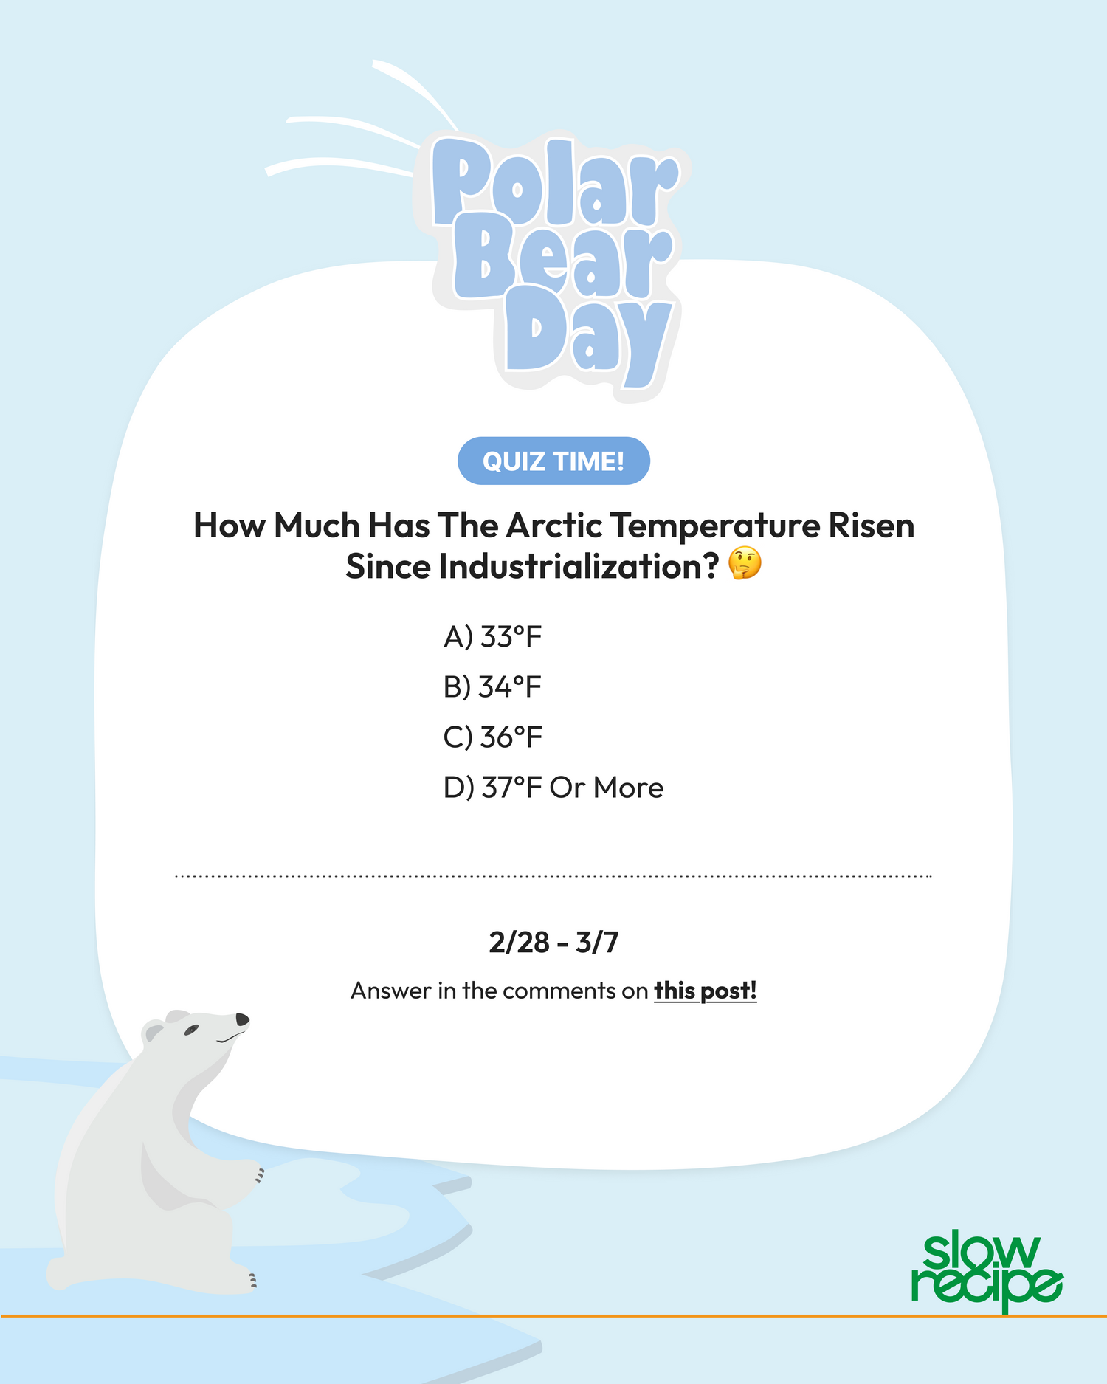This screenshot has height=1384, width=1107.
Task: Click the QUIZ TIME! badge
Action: tap(553, 461)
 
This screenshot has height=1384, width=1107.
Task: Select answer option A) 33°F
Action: tap(493, 636)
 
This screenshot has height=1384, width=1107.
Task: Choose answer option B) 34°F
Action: tap(493, 686)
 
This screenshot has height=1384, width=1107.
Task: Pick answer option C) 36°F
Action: tap(493, 737)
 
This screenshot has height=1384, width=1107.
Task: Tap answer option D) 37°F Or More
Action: tap(553, 788)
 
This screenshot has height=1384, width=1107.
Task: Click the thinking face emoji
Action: tap(744, 565)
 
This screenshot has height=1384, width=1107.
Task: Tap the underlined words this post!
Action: tap(706, 991)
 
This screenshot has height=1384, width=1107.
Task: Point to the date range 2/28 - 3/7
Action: tap(553, 943)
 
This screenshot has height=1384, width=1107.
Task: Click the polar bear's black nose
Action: tap(242, 1019)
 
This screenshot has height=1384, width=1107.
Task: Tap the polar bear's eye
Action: tap(192, 1029)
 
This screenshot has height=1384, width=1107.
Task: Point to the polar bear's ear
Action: tap(153, 1030)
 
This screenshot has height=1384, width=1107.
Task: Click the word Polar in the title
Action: tap(555, 185)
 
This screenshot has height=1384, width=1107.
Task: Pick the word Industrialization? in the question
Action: tap(532, 567)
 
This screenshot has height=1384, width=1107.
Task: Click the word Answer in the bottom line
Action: tap(391, 991)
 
